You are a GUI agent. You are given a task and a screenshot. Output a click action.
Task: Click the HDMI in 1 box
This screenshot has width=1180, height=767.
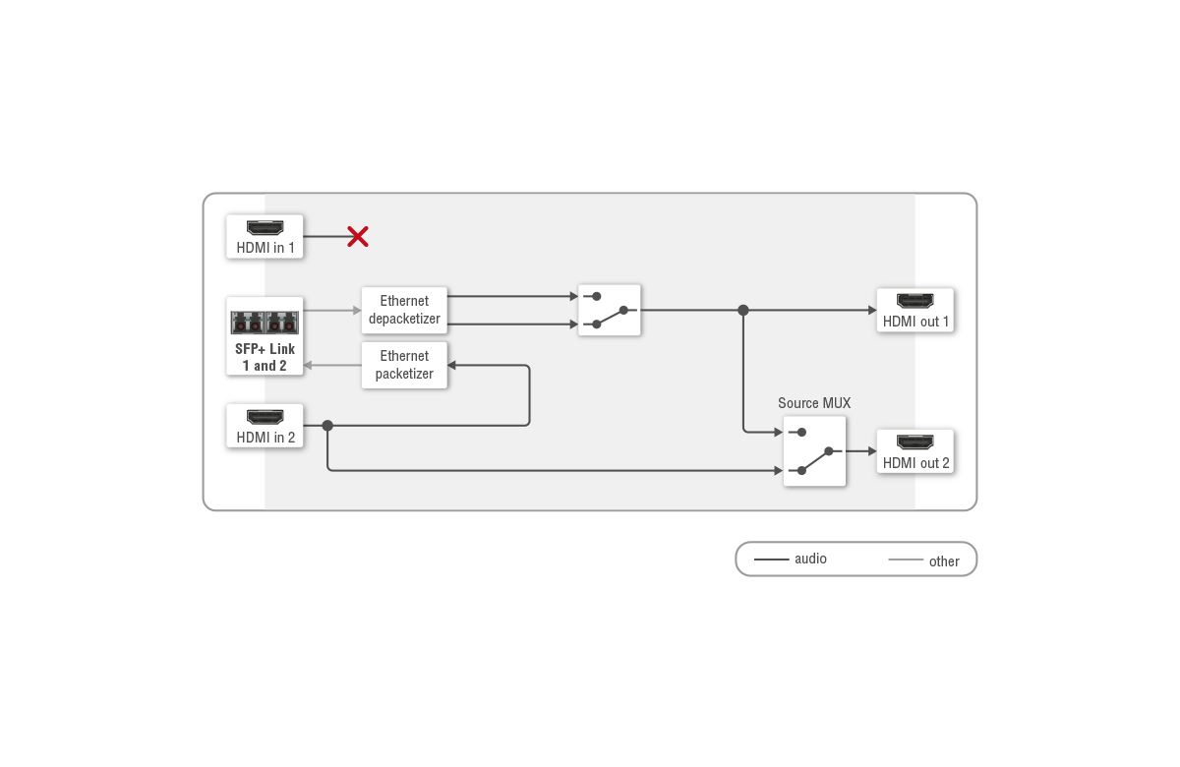265,237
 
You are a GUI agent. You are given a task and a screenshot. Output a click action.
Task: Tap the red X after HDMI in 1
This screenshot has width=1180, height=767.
358,236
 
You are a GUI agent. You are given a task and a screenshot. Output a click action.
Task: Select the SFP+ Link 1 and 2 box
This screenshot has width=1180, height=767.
265,336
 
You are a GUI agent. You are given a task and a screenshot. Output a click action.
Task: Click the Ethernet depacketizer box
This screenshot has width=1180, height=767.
404,310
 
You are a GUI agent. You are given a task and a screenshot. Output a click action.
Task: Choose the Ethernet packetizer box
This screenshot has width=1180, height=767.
404,365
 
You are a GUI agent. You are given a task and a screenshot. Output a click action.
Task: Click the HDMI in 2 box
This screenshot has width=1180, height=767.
265,426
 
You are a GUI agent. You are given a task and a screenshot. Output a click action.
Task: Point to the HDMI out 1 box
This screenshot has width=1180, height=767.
915,310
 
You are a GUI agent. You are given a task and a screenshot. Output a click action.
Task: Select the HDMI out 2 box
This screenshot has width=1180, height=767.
915,451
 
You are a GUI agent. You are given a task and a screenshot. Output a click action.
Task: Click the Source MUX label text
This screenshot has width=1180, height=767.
814,403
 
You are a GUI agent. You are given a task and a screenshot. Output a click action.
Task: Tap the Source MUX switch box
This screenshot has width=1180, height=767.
814,451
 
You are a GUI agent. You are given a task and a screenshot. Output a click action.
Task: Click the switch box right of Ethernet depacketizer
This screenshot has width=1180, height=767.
610,310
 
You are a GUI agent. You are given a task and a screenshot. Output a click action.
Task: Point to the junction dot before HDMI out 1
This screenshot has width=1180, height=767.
743,310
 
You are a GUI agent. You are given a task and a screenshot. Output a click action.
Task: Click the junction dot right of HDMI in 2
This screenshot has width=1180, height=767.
327,426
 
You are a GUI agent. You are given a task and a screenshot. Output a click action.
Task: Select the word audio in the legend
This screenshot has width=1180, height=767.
810,559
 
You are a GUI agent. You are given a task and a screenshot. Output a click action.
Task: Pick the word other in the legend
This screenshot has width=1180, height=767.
944,561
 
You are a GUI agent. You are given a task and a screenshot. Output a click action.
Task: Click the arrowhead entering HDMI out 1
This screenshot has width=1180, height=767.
870,310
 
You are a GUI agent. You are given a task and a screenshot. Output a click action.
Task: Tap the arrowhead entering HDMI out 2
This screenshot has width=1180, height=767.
870,451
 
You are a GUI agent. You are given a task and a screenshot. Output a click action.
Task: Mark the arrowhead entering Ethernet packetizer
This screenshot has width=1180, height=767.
452,366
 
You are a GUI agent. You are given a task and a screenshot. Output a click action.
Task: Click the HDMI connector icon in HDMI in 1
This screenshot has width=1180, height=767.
265,227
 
